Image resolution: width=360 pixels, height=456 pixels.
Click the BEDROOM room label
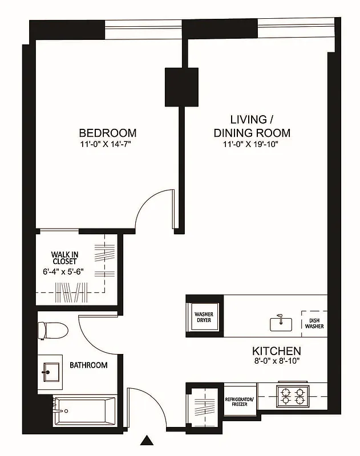point(108,133)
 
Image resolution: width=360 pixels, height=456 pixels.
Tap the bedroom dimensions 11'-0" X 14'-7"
point(108,144)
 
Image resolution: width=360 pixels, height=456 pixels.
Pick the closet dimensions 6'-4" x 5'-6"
point(64,271)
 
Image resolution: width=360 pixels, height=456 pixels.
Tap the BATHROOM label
point(88,365)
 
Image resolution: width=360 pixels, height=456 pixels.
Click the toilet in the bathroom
point(51,330)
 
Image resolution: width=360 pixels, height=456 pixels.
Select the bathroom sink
point(51,372)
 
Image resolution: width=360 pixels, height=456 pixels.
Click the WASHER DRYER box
point(204,317)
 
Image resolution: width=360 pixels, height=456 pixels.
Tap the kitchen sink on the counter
point(281,323)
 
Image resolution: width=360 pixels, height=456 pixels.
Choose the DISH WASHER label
point(314,323)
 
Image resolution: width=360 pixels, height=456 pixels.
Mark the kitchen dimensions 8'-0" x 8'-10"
point(277,360)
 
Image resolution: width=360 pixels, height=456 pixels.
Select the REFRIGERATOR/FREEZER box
point(238,402)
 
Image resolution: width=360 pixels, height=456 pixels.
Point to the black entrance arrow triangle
point(148,441)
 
